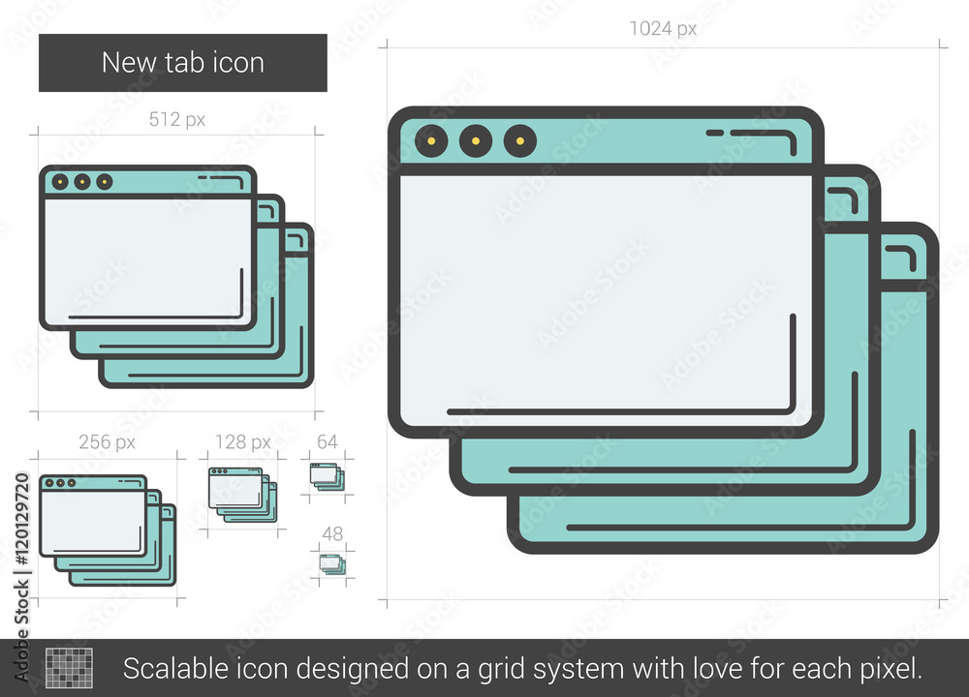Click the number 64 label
[x=327, y=442]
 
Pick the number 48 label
[x=332, y=533]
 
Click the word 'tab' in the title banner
[x=182, y=62]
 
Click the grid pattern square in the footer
[x=69, y=668]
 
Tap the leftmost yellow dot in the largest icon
[x=431, y=140]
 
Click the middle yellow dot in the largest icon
[x=476, y=140]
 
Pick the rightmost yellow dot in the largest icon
[x=520, y=140]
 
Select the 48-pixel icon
[x=332, y=564]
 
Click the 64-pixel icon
[x=328, y=476]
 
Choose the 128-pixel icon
[x=243, y=495]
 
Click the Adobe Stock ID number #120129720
[x=21, y=519]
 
